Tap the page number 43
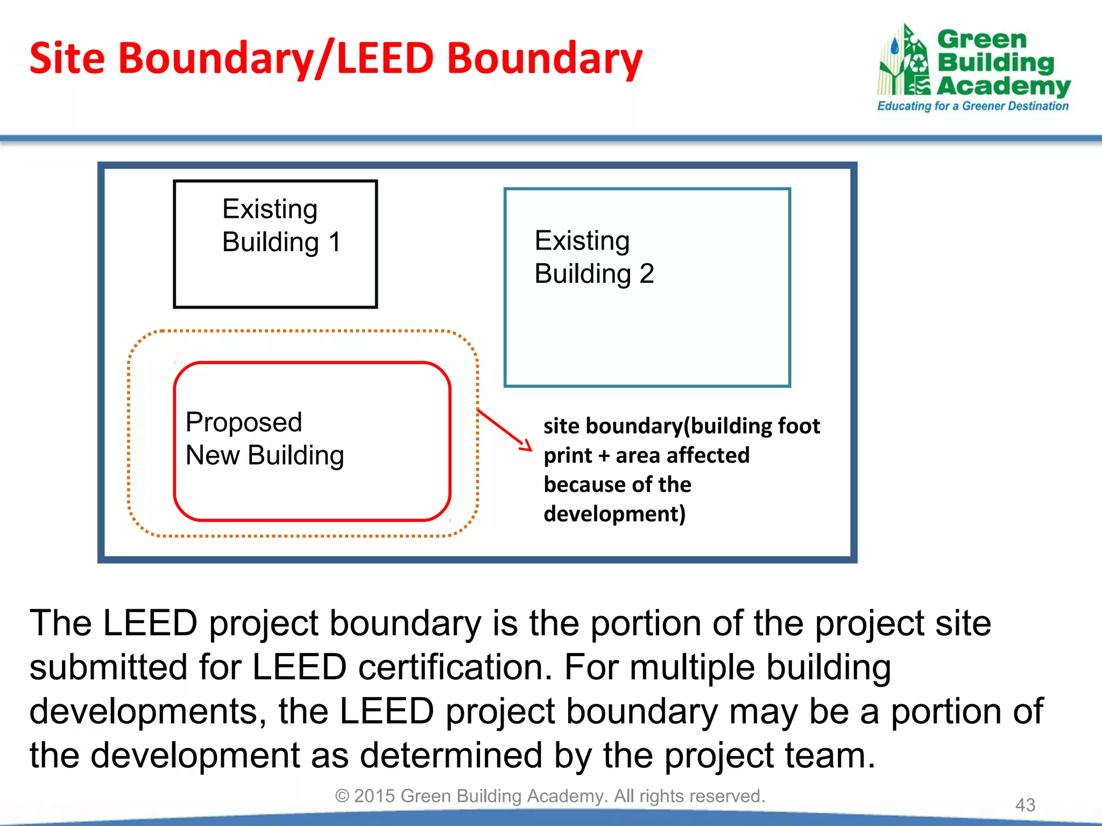point(1025,805)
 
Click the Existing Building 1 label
point(281,226)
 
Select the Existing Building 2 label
point(594,257)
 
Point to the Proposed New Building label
point(264,439)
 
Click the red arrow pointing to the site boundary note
point(504,429)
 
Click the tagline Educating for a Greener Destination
point(972,106)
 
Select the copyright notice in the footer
point(550,796)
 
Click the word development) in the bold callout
point(614,514)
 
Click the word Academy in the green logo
point(1004,86)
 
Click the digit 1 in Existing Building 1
point(334,242)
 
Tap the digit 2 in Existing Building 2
point(646,274)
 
